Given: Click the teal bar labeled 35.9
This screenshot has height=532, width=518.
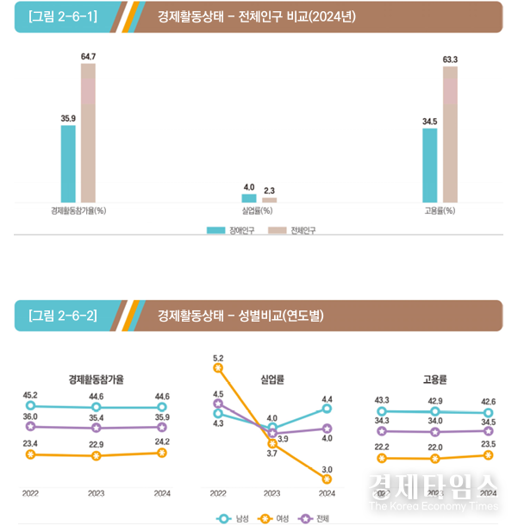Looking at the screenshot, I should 68,164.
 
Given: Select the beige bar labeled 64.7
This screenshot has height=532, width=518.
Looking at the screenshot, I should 88,133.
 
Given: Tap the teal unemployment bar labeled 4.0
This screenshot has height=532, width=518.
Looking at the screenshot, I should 249,198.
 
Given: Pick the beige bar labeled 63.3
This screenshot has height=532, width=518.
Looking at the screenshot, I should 450,135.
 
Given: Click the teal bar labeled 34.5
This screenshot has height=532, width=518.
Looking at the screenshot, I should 429,166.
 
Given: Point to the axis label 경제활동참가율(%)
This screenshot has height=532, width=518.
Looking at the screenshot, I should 78,210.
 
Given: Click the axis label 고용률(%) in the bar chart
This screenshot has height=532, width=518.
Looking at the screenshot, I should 440,210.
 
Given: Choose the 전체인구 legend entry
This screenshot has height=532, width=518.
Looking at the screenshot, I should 287,230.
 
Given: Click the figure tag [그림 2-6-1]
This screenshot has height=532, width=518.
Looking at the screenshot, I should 61,16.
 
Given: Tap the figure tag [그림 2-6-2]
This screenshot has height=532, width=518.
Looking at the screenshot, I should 61,316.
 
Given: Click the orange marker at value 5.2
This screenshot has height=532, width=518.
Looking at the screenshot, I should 217,368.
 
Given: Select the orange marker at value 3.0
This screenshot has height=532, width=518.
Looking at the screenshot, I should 327,479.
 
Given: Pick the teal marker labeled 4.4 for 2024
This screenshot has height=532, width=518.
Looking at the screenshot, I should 327,409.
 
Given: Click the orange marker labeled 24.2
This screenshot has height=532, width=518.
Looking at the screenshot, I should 162,453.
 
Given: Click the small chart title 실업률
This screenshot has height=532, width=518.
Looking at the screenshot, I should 271,379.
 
